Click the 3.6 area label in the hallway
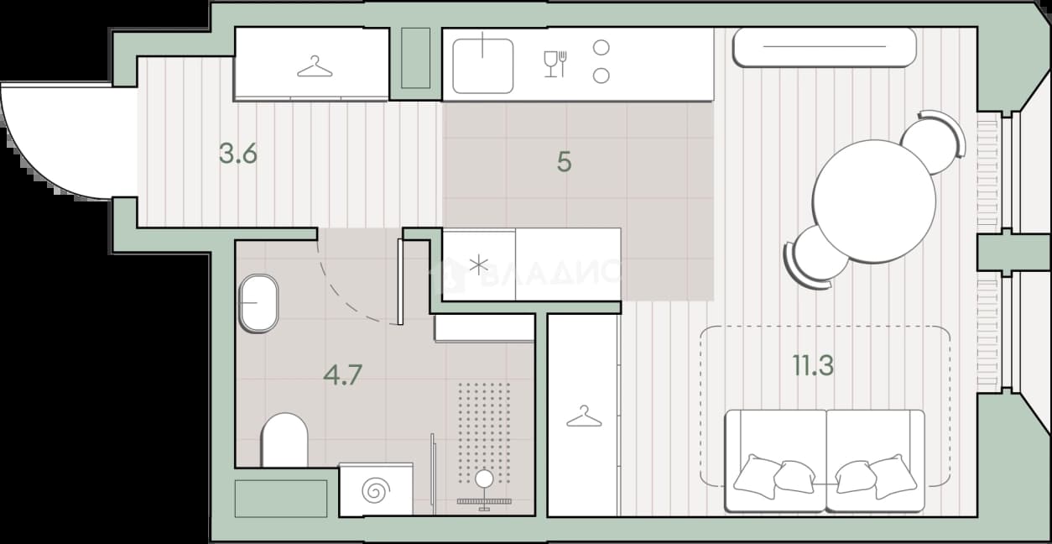[x=238, y=154]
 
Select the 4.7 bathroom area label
[x=343, y=375]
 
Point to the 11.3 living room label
[x=813, y=365]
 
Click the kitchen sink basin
[x=482, y=65]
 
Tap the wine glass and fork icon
[x=555, y=64]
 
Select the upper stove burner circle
[x=602, y=48]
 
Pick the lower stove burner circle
[x=602, y=76]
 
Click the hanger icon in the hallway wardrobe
[x=315, y=66]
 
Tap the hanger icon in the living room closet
[x=584, y=416]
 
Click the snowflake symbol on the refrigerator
[x=478, y=265]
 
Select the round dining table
[x=874, y=201]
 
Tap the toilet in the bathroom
[x=284, y=440]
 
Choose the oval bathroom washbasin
[x=258, y=303]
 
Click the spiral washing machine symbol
[x=376, y=490]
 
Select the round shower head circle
[x=484, y=479]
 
